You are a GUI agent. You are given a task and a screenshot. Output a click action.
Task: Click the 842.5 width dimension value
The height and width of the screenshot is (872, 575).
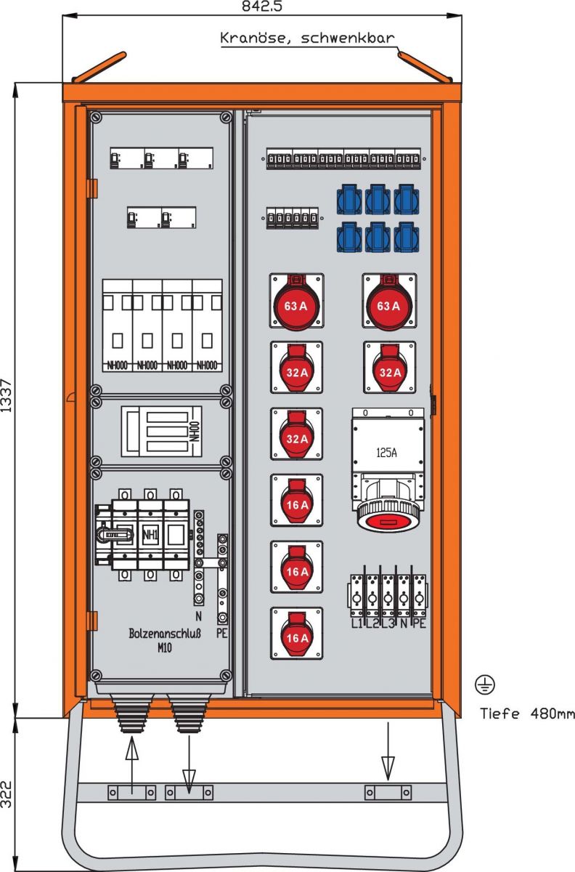(x=262, y=7)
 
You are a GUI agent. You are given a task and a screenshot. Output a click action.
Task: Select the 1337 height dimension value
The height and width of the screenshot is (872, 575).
(x=7, y=396)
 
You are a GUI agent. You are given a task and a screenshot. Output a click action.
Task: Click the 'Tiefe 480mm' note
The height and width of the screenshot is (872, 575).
(x=527, y=714)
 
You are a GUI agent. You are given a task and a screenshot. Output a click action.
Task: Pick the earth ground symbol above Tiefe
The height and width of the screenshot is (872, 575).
(x=485, y=684)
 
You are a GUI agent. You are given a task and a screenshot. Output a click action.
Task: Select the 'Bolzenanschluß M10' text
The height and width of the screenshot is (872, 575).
(x=160, y=639)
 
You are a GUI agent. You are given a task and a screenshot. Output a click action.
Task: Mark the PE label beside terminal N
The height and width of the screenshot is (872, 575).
(x=222, y=634)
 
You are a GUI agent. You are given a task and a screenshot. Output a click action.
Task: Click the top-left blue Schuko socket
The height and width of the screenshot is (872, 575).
(x=348, y=199)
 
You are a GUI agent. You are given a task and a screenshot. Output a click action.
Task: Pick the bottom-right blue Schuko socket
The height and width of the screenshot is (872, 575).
(x=406, y=237)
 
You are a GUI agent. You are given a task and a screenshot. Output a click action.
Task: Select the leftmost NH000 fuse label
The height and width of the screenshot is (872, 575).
(x=117, y=365)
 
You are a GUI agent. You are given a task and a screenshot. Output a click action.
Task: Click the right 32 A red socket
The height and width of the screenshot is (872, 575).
(x=390, y=368)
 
